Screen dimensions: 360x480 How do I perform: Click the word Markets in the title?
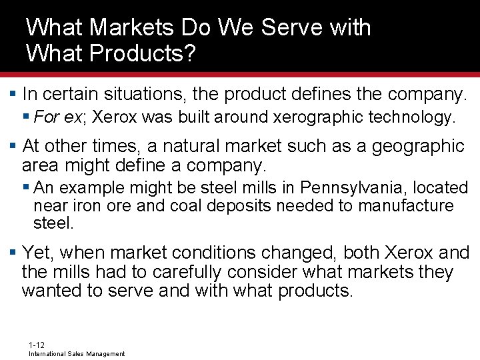point(128,27)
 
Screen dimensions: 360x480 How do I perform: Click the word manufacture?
point(406,205)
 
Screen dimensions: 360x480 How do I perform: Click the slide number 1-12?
point(37,345)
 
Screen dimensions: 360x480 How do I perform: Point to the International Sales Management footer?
point(77,354)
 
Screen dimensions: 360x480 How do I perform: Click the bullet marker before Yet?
point(13,253)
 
